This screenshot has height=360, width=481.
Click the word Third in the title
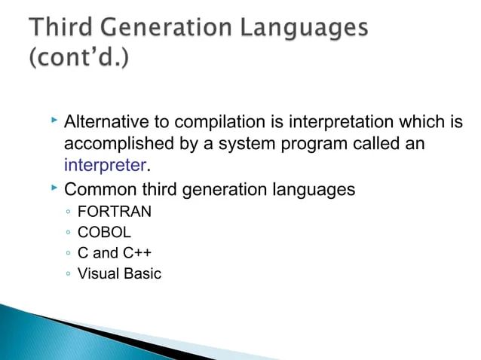point(67,28)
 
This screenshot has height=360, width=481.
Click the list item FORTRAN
point(115,212)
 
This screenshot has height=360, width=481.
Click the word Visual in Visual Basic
point(99,273)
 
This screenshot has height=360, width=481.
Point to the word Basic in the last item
point(143,273)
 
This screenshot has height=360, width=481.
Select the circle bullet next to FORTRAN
point(68,213)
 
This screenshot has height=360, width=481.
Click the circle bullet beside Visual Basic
point(68,274)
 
